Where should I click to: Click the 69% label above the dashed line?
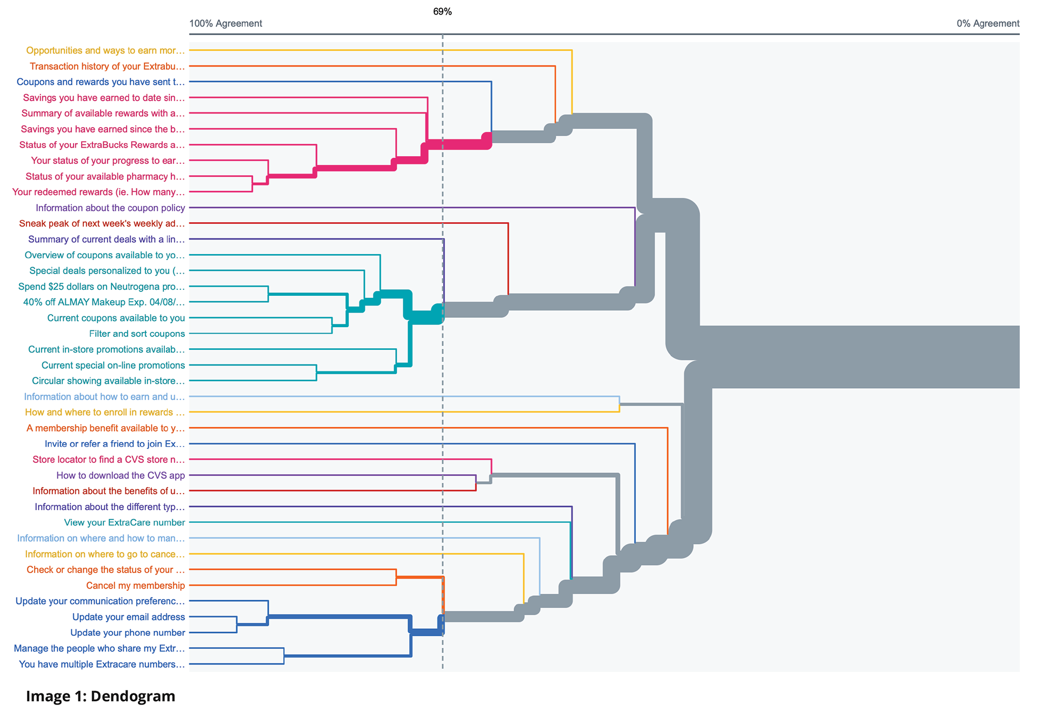point(442,11)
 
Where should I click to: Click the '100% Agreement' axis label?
point(225,23)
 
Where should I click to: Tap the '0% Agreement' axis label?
point(988,23)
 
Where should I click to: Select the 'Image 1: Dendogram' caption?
point(101,696)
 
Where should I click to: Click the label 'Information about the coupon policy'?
point(110,208)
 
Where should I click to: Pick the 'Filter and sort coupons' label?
point(137,334)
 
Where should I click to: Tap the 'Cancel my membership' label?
point(135,585)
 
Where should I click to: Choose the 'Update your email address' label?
point(129,616)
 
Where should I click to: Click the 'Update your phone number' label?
point(128,632)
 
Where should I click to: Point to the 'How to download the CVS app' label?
point(121,475)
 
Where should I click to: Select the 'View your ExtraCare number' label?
point(124,522)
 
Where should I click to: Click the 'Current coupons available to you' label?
point(116,318)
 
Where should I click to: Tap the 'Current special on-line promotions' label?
point(113,365)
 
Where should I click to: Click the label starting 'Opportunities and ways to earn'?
point(105,50)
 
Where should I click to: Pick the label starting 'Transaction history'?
point(107,66)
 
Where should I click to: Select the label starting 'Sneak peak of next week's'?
point(102,223)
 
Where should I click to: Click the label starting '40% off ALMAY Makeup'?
point(104,302)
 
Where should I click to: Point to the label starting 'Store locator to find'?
point(109,460)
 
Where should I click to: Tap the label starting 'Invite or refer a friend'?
point(115,444)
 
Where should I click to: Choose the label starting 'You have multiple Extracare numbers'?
point(102,664)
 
